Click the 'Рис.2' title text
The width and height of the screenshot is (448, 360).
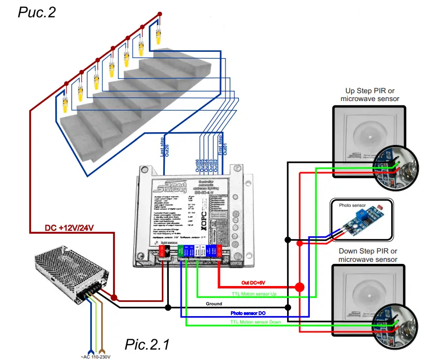click(x=37, y=12)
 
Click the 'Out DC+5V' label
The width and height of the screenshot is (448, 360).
click(x=253, y=283)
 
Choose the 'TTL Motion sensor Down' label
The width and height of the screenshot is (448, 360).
click(x=255, y=322)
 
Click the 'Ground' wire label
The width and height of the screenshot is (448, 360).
click(x=214, y=304)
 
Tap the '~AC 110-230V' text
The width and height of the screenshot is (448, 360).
click(x=95, y=357)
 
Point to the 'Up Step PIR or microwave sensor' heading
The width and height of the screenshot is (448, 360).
click(x=370, y=95)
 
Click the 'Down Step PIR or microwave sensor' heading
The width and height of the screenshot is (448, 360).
click(x=368, y=255)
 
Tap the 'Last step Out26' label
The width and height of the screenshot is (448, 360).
click(x=165, y=147)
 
